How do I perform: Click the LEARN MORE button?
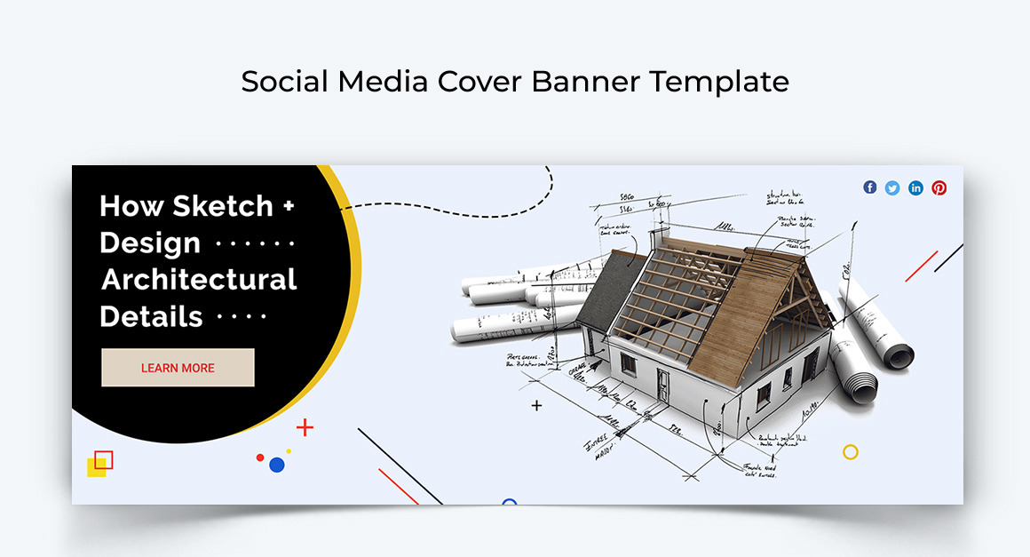pos(178,368)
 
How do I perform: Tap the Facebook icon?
pos(869,187)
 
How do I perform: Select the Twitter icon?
pos(892,187)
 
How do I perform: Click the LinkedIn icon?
pos(915,187)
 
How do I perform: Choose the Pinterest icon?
pos(939,187)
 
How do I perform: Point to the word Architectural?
pos(199,280)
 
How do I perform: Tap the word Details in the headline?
pos(151,317)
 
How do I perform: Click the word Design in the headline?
pos(150,243)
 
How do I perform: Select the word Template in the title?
pos(718,82)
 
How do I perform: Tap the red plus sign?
pos(305,427)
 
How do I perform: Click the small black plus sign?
pos(536,406)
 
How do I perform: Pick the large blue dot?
pos(276,465)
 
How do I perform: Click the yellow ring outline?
pos(850,452)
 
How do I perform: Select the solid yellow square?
pos(95,468)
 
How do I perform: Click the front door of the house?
pos(663,384)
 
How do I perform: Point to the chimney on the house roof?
pos(659,237)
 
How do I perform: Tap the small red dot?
pos(260,458)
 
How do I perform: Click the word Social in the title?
pos(284,82)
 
